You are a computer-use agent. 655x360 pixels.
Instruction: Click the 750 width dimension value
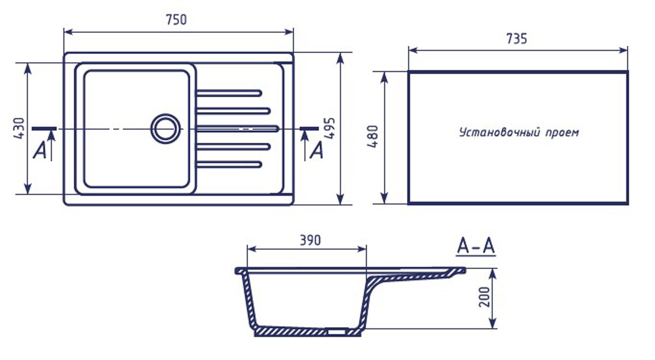pos(176,20)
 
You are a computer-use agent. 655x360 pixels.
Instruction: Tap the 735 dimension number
pos(517,39)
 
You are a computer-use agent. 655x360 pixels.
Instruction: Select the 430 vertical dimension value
pos(19,128)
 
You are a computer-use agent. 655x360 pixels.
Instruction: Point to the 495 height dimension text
pos(330,128)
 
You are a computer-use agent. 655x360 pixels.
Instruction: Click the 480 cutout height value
pos(373,137)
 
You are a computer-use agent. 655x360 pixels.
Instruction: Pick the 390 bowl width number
pos(310,240)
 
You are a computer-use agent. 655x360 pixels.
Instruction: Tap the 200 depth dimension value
pos(484,297)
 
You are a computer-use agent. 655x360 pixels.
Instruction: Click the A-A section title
pos(476,246)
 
